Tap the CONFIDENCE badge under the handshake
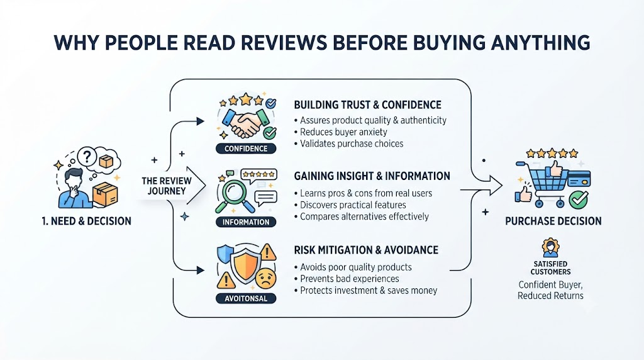[x=246, y=149]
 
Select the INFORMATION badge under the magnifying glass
[x=246, y=222]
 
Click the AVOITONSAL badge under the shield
[x=246, y=298]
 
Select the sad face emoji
[x=266, y=278]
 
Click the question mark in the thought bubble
[x=87, y=156]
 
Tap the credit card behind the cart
[x=579, y=179]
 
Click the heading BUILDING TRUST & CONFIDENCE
[x=367, y=105]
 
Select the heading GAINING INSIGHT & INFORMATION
[x=372, y=176]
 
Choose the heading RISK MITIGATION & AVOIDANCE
[x=366, y=250]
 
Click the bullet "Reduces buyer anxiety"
[x=341, y=132]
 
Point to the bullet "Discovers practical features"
[x=350, y=205]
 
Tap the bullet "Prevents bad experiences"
[x=347, y=279]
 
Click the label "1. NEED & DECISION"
[x=87, y=221]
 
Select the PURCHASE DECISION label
[x=553, y=221]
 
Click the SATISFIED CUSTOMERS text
[x=550, y=268]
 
